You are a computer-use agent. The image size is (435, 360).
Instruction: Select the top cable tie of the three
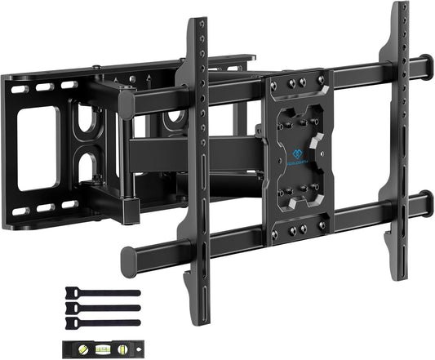[x=99, y=292]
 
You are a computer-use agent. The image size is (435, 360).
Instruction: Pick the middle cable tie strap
[x=99, y=304]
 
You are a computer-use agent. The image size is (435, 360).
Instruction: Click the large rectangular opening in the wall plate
[x=37, y=148]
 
